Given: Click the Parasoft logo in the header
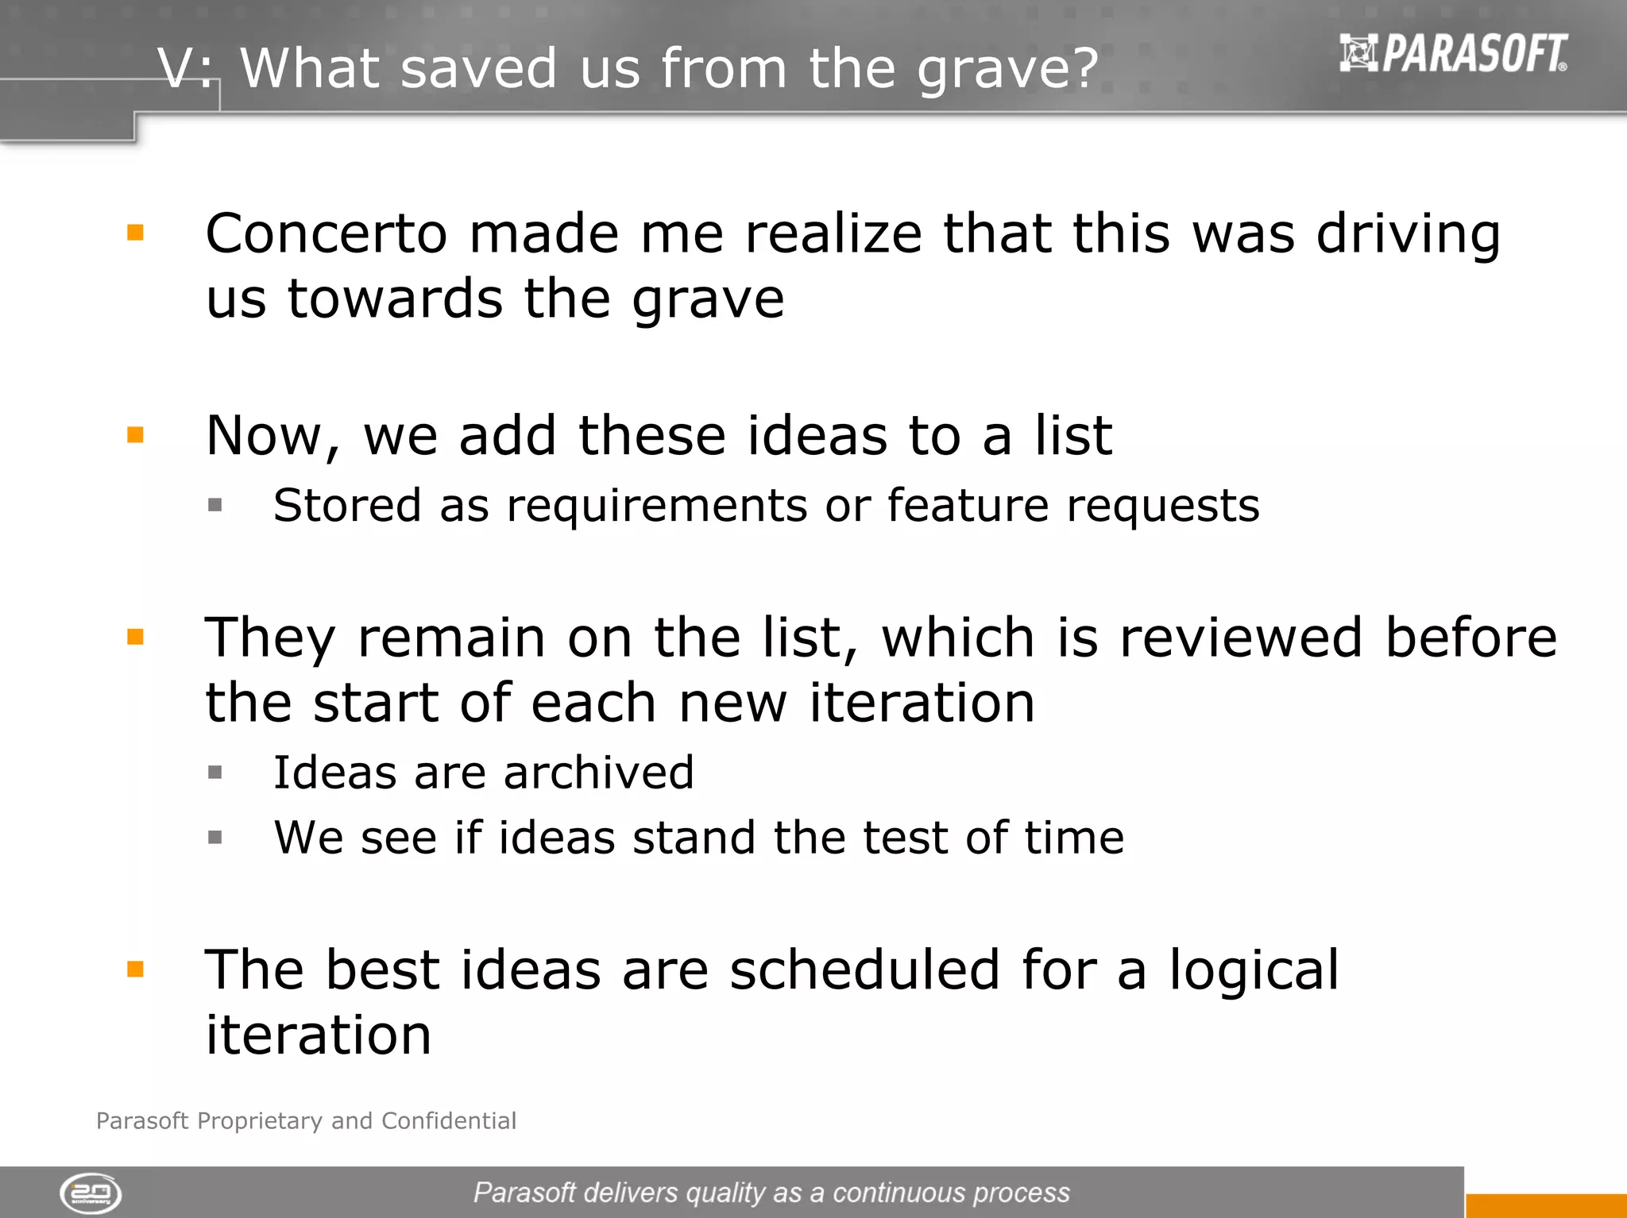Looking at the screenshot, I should click(1454, 53).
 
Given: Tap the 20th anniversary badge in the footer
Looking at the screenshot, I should click(91, 1193).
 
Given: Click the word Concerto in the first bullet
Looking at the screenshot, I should click(327, 234).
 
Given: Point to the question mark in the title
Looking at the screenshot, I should click(1083, 68).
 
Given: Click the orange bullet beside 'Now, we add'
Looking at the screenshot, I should click(136, 434).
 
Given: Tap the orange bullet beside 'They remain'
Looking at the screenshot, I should click(136, 637).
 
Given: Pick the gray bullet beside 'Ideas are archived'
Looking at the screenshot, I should click(214, 772).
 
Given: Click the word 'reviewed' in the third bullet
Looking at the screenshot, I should click(1241, 638).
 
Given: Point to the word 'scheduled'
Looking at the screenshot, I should click(864, 970).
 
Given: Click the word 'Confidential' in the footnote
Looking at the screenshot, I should click(449, 1120).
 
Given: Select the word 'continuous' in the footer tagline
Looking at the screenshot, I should click(898, 1193).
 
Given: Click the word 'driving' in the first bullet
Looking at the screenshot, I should click(1408, 236).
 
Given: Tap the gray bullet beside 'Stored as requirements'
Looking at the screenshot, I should click(214, 505).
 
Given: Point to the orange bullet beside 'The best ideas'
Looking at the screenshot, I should click(136, 969).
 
